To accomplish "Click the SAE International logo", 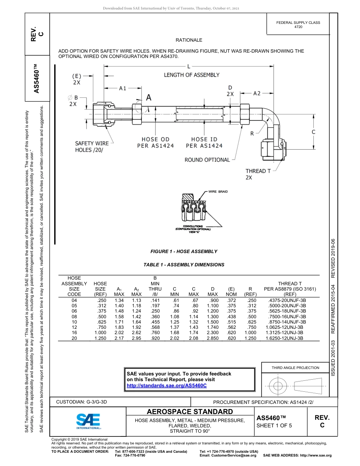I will (88, 421).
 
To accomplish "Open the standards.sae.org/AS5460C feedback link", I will (166, 386).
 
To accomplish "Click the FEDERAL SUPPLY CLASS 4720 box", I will (298, 25).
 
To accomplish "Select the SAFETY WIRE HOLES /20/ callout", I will (92, 147).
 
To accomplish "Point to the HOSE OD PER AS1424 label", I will (155, 143).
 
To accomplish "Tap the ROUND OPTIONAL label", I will (207, 160).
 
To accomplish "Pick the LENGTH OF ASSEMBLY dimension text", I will (191, 75).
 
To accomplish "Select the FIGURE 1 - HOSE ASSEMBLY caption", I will (184, 252).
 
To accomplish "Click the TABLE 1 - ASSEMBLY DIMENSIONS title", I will (184, 265).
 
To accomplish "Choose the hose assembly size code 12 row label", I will (74, 327).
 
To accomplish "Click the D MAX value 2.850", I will (212, 338).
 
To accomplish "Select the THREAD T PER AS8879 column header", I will (290, 289).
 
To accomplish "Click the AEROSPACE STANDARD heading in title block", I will (190, 412).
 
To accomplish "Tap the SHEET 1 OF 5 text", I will (274, 425).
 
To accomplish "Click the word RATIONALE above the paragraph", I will (189, 40).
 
